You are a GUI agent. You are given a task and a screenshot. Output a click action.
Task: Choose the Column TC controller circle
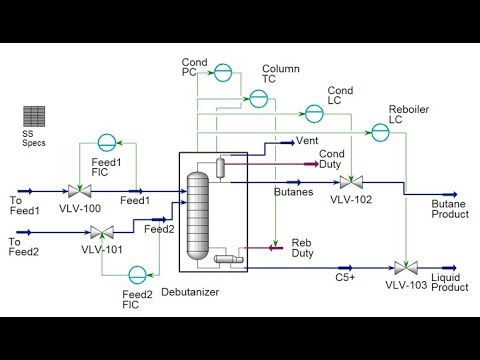258,97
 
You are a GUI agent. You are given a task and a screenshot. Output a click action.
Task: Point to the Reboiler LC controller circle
380,130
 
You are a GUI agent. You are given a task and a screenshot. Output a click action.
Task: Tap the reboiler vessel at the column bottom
229,260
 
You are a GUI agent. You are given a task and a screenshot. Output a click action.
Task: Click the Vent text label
307,142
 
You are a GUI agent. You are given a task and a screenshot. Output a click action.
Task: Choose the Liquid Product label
449,282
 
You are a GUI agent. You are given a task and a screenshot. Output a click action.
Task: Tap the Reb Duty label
302,248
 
